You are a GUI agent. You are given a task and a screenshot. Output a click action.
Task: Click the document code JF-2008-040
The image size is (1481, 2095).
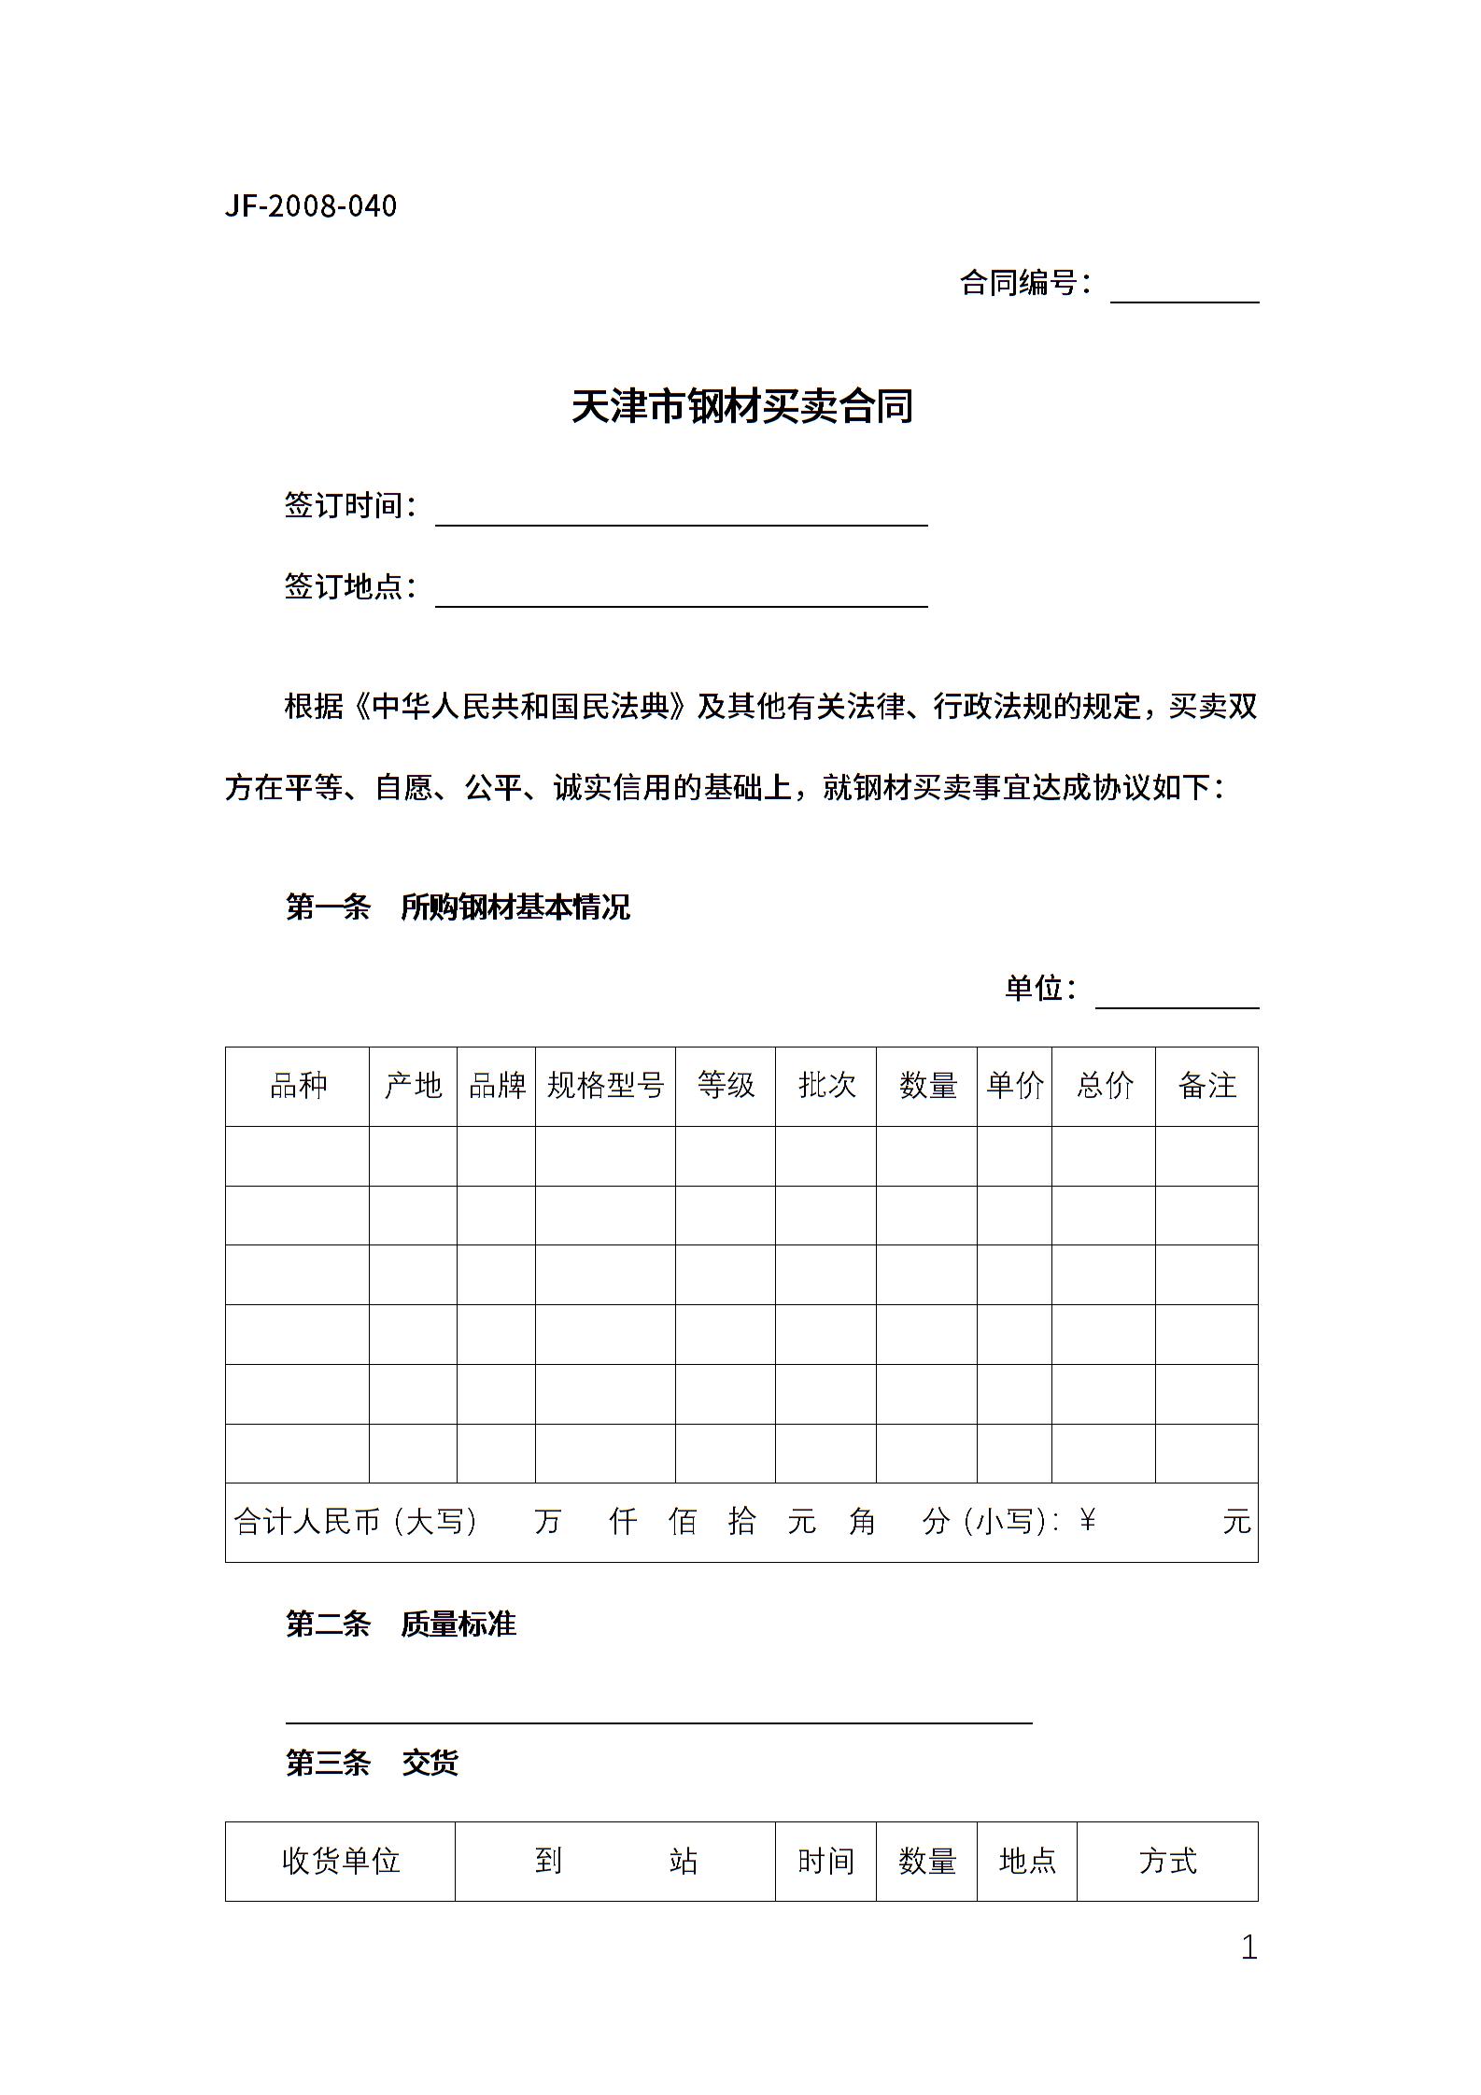311,206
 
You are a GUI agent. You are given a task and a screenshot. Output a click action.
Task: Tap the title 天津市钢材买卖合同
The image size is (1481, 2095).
741,407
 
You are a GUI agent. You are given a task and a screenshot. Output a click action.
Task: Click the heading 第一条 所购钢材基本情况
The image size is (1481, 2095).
458,907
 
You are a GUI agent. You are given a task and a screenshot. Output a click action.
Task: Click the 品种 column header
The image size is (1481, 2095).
298,1086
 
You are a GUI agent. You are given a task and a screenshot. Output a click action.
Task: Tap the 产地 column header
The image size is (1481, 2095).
413,1086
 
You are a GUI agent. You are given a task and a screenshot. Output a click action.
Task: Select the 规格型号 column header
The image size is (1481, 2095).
605,1086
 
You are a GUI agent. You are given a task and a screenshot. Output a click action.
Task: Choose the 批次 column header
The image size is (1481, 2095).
826,1086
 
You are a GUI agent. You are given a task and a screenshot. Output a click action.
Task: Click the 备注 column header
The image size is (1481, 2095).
1206,1086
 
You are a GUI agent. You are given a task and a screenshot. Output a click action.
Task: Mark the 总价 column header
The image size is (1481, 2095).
1104,1086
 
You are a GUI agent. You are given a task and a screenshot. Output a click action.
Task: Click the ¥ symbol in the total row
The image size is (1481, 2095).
1087,1522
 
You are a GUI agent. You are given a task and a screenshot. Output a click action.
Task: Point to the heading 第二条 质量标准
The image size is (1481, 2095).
401,1624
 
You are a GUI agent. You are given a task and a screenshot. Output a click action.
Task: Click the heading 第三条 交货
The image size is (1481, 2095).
372,1763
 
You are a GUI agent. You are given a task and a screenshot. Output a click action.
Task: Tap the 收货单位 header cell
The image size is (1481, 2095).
341,1861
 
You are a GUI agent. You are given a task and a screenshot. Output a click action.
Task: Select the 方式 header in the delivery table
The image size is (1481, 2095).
1167,1861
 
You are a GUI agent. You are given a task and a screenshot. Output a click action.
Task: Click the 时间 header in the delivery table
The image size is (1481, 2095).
825,1861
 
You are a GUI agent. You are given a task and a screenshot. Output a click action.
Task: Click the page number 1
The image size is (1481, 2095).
1248,1947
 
